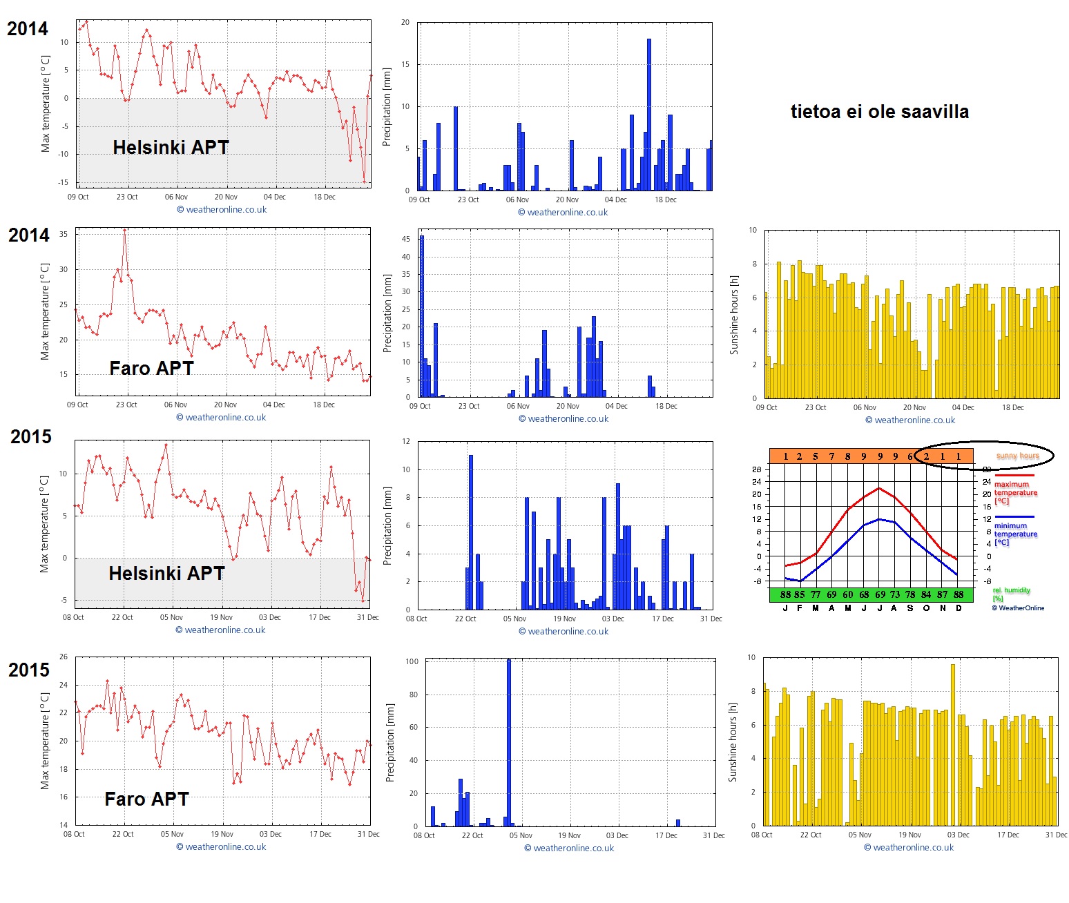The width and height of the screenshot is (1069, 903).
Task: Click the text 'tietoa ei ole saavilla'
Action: pyautogui.click(x=879, y=112)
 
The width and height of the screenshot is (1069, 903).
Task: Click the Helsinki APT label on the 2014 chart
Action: pyautogui.click(x=171, y=147)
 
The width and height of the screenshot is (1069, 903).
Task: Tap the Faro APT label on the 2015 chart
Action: pyautogui.click(x=146, y=799)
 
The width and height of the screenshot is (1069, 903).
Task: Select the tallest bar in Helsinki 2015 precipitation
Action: pyautogui.click(x=471, y=532)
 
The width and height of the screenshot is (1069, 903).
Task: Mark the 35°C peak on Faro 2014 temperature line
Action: pyautogui.click(x=124, y=231)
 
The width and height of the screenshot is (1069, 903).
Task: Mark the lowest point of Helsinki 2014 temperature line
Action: pyautogui.click(x=365, y=182)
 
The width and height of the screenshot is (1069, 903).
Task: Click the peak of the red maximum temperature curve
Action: pyautogui.click(x=879, y=489)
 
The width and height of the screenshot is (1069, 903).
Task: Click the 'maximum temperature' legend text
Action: pyautogui.click(x=1015, y=489)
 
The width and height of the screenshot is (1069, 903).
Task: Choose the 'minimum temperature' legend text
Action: pyautogui.click(x=1015, y=530)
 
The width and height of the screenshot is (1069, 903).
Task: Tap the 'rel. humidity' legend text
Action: pyautogui.click(x=1011, y=590)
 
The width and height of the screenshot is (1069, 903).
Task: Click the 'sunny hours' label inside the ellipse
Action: pyautogui.click(x=1017, y=456)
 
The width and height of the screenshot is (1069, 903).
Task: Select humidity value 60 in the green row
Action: pyautogui.click(x=847, y=594)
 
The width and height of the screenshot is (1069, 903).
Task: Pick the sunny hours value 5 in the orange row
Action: pyautogui.click(x=816, y=456)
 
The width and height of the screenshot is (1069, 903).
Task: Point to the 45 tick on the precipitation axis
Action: pyautogui.click(x=406, y=239)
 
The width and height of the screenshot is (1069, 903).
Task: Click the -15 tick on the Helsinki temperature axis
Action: pyautogui.click(x=64, y=182)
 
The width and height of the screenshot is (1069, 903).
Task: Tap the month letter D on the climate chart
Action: pyautogui.click(x=959, y=608)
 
